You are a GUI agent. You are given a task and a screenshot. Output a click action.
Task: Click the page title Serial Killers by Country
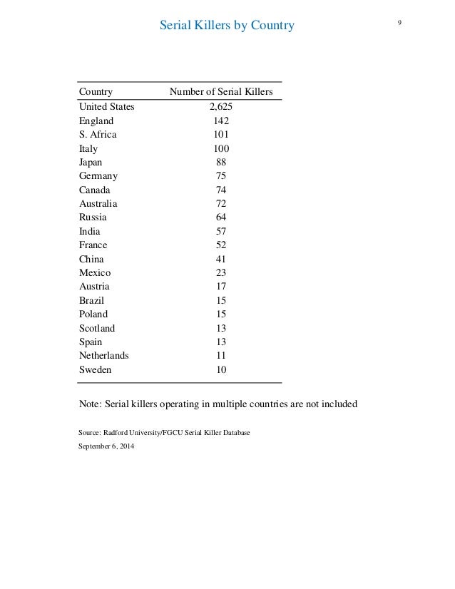(x=227, y=26)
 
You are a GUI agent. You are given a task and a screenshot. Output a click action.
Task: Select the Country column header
(x=96, y=91)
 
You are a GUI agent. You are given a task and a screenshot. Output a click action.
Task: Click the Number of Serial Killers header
(x=221, y=91)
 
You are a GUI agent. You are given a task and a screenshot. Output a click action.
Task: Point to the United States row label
(x=106, y=107)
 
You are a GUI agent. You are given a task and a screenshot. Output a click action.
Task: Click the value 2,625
(x=221, y=107)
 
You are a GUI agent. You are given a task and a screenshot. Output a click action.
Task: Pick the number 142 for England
(x=221, y=121)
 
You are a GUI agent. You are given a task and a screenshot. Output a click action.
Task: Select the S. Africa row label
(x=98, y=135)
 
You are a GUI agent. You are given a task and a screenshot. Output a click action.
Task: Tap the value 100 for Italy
(x=221, y=149)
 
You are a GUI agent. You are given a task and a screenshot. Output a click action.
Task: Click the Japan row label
(x=91, y=163)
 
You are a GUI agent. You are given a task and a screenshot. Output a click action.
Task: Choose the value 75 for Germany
(x=221, y=176)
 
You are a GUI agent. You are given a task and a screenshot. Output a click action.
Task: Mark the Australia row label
(x=98, y=204)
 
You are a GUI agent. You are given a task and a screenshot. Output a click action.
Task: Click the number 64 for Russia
(x=221, y=217)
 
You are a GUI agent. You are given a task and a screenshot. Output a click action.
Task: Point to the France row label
(x=93, y=245)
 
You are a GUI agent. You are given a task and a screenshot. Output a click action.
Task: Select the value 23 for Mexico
(x=221, y=273)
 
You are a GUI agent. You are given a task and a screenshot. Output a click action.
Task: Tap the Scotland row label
(x=96, y=329)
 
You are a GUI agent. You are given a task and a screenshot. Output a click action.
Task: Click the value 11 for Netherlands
(x=221, y=356)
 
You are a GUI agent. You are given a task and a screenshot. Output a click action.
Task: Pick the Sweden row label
(x=95, y=370)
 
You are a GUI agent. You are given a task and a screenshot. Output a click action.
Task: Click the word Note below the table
(x=90, y=404)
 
